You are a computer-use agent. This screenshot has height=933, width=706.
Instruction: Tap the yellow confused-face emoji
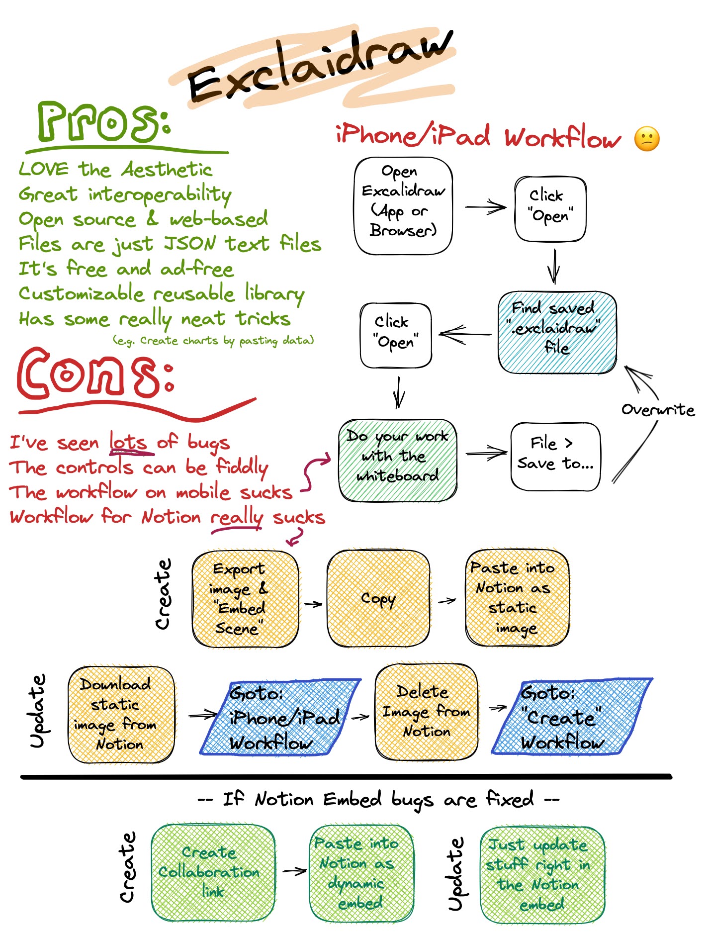pyautogui.click(x=647, y=139)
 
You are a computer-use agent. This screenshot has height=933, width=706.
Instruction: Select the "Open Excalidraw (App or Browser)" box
pyautogui.click(x=403, y=206)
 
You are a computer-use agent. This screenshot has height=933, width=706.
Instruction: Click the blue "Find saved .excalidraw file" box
pyautogui.click(x=557, y=332)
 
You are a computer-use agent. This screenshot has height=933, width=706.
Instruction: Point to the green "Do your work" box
pyautogui.click(x=398, y=460)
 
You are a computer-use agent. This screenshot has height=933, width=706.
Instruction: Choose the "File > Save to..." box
pyautogui.click(x=555, y=457)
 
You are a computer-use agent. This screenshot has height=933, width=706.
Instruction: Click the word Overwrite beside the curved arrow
pyautogui.click(x=657, y=410)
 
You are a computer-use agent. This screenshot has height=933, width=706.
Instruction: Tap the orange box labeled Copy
pyautogui.click(x=378, y=598)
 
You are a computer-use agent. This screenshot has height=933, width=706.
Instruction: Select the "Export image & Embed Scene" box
pyautogui.click(x=245, y=598)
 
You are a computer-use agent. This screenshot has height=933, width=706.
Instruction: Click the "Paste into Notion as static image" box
pyautogui.click(x=517, y=597)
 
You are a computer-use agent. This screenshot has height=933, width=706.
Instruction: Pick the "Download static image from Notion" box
pyautogui.click(x=121, y=715)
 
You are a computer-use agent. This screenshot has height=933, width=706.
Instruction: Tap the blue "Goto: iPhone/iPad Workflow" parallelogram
pyautogui.click(x=281, y=717)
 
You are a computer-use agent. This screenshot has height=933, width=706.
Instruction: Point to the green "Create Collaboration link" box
pyautogui.click(x=213, y=871)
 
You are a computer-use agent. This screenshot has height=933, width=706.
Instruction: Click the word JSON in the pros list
pyautogui.click(x=191, y=244)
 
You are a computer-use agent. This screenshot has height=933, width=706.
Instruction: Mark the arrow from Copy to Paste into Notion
pyautogui.click(x=447, y=601)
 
